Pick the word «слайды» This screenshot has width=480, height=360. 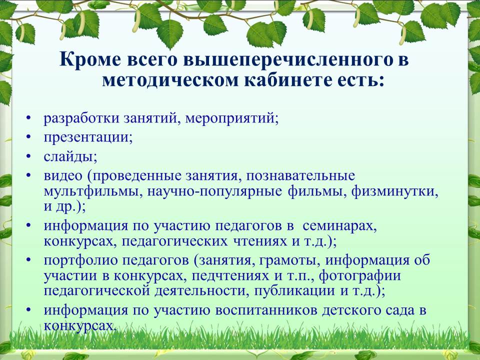pos(70,156)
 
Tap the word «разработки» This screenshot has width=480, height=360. pos(81,118)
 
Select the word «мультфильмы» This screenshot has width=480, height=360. pos(93,191)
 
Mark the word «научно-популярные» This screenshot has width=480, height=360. pos(214,192)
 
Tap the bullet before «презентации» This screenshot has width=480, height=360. pos(29,137)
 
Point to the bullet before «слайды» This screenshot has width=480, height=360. pos(29,156)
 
